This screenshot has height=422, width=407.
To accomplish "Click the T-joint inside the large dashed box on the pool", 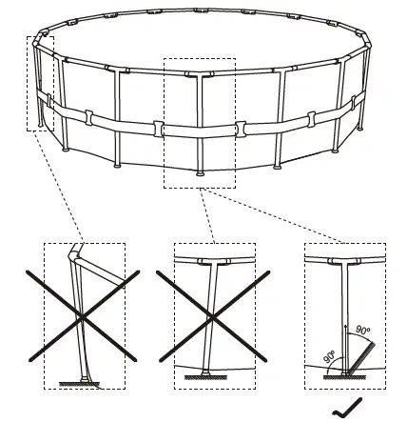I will click(x=199, y=74).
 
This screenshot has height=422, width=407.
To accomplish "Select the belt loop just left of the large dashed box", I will click(x=158, y=127).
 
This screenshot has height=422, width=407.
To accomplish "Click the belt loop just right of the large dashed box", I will click(x=242, y=127).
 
